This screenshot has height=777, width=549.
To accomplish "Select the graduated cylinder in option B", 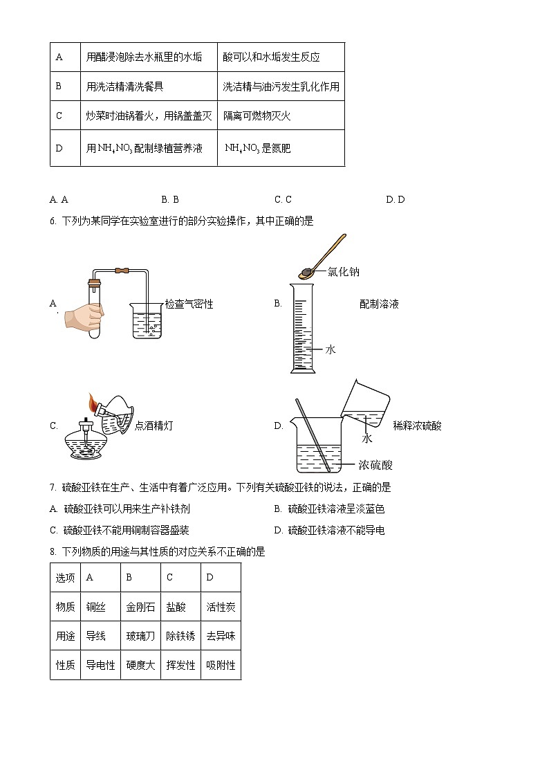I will [x=303, y=329].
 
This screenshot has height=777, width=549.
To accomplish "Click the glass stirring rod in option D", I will [x=313, y=436].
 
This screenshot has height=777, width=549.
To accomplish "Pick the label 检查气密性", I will [x=189, y=304].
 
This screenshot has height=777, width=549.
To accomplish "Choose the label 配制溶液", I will [x=379, y=304].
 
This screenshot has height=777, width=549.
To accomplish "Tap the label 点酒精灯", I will [x=153, y=426].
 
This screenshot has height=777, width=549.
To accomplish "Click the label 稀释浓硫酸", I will [x=417, y=426].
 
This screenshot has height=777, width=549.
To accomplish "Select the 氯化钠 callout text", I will [x=344, y=272].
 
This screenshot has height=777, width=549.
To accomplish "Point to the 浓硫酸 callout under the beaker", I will [x=375, y=465].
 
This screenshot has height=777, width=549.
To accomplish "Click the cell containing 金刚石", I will [x=140, y=607].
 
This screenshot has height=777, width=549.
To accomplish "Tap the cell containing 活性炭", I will [x=221, y=607].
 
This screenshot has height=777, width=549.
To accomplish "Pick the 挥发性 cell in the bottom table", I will [x=180, y=666].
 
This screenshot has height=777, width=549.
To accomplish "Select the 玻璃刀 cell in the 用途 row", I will [x=140, y=636].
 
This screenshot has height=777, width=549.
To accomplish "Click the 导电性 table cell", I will [x=100, y=666].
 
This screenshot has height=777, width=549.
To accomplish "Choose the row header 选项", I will [x=65, y=578].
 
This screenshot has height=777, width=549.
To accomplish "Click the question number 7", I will [x=53, y=488].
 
